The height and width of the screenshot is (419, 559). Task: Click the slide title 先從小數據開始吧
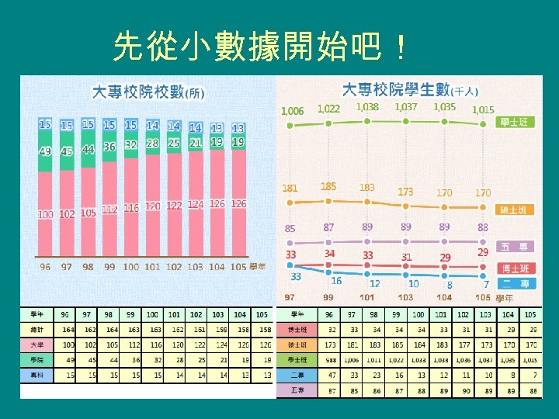coord(259,48)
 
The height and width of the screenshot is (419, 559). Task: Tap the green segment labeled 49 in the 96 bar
coord(45,151)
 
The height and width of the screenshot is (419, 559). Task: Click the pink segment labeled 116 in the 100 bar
coord(130,209)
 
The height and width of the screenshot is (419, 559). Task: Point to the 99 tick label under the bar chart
coord(109,267)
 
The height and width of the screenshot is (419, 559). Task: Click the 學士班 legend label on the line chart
coord(515,123)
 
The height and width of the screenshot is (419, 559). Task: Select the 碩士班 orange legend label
coord(515,210)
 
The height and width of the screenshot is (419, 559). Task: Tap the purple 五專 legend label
coord(515,247)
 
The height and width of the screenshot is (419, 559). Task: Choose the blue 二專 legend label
coord(515,284)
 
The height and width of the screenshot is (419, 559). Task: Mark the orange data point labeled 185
coord(329,199)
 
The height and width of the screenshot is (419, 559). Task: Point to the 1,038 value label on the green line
coord(368,107)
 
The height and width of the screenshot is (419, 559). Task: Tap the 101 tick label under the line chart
coord(367,297)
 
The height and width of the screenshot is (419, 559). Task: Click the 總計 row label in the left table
coord(36,329)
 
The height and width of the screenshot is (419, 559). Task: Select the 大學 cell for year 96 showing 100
coord(68,344)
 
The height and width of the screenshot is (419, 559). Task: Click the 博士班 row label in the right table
coord(297,329)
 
